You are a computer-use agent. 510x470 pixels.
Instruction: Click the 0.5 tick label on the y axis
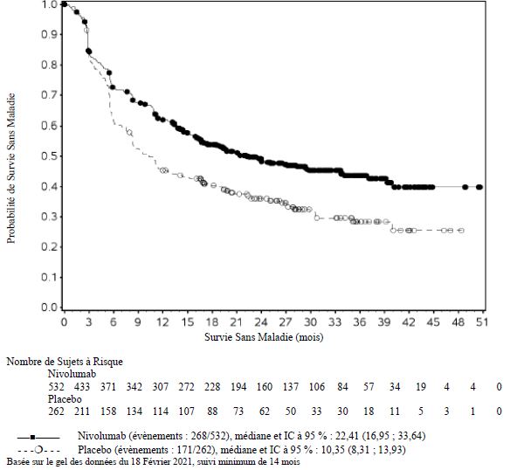click(x=50, y=156)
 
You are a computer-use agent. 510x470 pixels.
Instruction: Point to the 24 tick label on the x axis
click(x=261, y=322)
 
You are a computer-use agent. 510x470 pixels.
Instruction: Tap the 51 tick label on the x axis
click(x=482, y=322)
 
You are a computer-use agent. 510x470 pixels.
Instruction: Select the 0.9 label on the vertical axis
click(x=50, y=34)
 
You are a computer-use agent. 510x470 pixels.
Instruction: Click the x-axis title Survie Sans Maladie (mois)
click(x=264, y=337)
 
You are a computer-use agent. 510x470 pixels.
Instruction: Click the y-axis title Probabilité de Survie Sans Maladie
click(x=11, y=169)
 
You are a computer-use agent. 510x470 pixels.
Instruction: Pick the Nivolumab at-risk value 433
click(x=82, y=387)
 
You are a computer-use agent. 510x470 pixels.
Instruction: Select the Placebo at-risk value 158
click(x=108, y=411)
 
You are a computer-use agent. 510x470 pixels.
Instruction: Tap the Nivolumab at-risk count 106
click(x=317, y=387)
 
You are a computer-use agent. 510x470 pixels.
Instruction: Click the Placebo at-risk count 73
click(x=238, y=411)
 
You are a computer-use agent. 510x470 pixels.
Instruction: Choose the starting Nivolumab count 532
click(x=56, y=387)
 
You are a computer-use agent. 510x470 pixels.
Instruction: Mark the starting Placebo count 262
click(x=56, y=411)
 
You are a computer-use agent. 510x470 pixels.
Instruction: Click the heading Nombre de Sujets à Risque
click(x=65, y=362)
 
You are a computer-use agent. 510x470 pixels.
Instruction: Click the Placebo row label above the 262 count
click(x=65, y=399)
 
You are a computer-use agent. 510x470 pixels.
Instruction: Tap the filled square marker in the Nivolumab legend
click(x=32, y=437)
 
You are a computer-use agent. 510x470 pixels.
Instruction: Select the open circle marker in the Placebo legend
click(x=38, y=451)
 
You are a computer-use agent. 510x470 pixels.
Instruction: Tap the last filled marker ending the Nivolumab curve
click(x=479, y=187)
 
